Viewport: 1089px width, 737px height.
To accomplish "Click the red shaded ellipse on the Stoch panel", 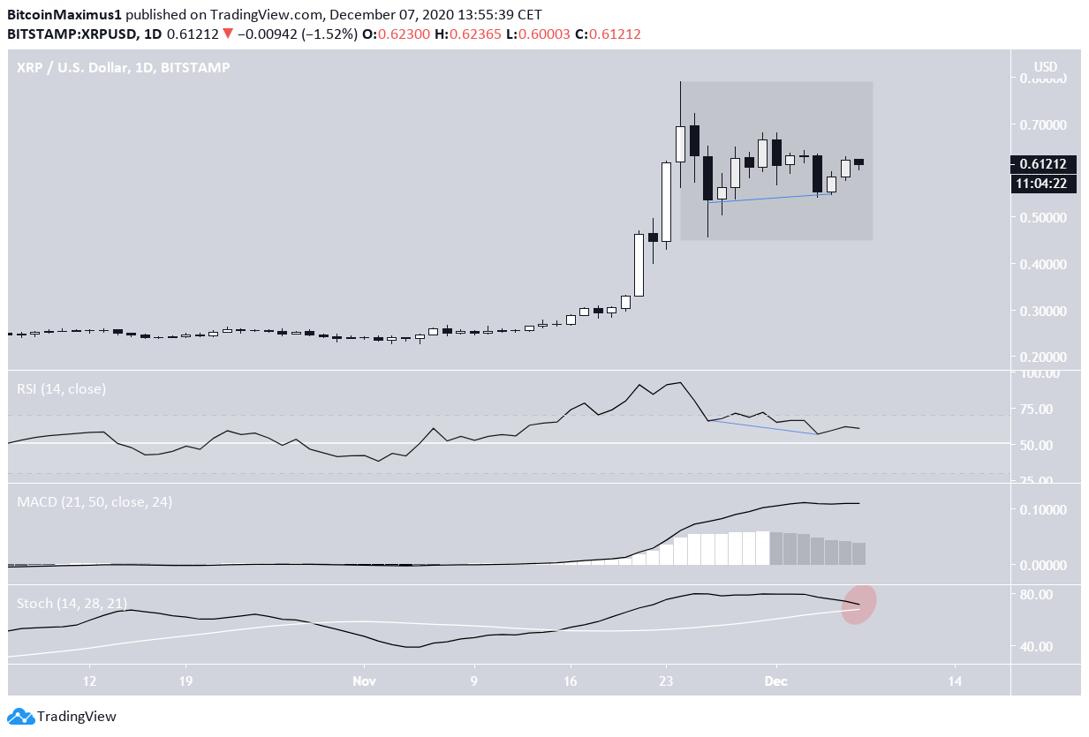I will tap(858, 605).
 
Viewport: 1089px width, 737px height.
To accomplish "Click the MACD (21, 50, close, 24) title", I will tap(95, 501).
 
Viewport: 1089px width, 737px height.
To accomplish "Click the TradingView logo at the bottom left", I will tap(62, 717).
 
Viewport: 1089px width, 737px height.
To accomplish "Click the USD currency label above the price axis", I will tap(1046, 67).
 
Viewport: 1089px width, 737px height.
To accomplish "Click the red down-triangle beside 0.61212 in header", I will tap(228, 34).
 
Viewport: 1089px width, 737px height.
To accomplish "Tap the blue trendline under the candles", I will tap(768, 198).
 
